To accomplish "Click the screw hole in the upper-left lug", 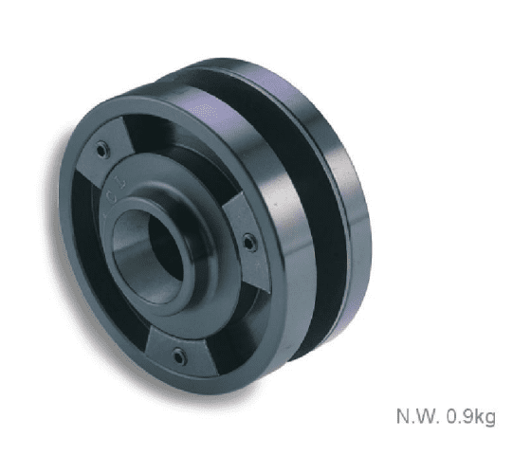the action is click(101, 150).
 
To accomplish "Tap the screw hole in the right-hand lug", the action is click(249, 243).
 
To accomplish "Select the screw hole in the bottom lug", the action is click(178, 355).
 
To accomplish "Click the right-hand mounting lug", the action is click(247, 243).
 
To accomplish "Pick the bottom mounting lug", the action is click(180, 352).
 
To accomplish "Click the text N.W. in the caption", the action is click(418, 416).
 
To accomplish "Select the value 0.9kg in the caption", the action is click(470, 416).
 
